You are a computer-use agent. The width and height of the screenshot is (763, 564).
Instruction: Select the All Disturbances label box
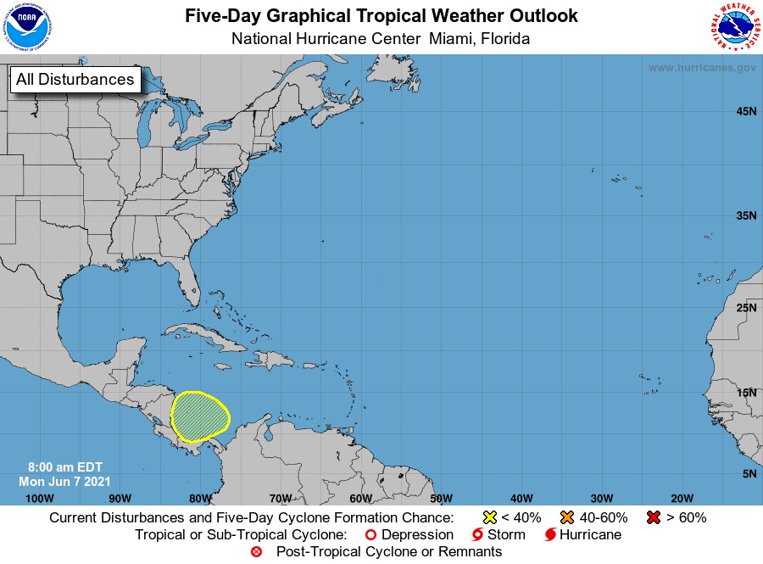pyautogui.click(x=75, y=80)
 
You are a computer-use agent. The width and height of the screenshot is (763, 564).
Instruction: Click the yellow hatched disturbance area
pyautogui.click(x=201, y=416)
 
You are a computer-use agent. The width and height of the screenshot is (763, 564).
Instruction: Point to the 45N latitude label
pyautogui.click(x=746, y=112)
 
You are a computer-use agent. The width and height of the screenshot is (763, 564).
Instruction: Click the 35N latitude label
pyautogui.click(x=746, y=216)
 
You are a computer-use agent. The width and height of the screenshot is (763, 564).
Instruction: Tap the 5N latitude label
pyautogui.click(x=749, y=473)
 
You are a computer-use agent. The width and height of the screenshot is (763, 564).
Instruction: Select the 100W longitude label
pyautogui.click(x=40, y=498)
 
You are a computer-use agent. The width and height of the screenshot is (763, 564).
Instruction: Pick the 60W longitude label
pyautogui.click(x=360, y=498)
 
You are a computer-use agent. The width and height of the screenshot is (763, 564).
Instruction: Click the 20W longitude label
pyautogui.click(x=682, y=498)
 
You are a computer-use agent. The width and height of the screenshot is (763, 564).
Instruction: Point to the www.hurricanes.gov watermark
pyautogui.click(x=702, y=68)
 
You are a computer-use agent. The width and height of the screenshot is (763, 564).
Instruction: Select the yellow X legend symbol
pyautogui.click(x=489, y=517)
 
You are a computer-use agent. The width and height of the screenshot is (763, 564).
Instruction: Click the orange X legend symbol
pyautogui.click(x=566, y=517)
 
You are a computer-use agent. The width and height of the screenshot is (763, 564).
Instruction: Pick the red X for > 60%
pyautogui.click(x=652, y=517)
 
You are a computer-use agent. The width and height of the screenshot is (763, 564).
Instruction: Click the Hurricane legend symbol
pyautogui.click(x=550, y=535)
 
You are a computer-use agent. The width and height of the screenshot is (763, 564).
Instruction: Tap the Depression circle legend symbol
pyautogui.click(x=370, y=535)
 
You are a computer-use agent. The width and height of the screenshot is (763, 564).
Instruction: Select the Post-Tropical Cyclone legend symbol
pyautogui.click(x=256, y=552)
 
